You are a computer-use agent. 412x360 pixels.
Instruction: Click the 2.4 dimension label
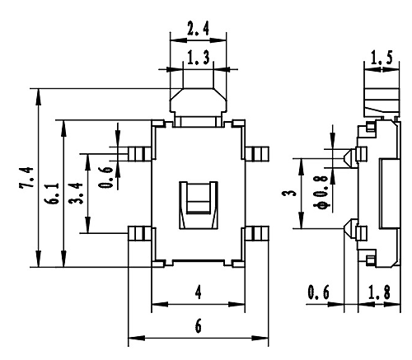point(198,29)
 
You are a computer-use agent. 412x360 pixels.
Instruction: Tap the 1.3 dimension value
point(198,58)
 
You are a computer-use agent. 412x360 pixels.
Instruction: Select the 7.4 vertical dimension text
point(26,178)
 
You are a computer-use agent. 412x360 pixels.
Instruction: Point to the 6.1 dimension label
point(52,193)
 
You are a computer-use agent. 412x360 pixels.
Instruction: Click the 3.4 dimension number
point(76,193)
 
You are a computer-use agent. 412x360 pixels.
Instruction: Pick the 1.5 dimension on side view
point(382,58)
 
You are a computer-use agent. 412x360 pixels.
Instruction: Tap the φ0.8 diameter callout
point(321,192)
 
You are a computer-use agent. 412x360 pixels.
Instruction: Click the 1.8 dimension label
point(379,292)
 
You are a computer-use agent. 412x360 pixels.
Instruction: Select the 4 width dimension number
point(198,292)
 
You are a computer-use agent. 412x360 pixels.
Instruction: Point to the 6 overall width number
point(198,326)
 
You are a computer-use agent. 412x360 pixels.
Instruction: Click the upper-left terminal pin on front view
point(140,154)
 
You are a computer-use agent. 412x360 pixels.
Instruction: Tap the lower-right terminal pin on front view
point(257,233)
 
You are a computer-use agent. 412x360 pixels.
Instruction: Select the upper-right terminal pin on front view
point(257,154)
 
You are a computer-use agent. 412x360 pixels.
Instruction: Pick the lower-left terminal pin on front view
point(140,233)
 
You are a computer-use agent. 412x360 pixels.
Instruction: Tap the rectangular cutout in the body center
point(199,205)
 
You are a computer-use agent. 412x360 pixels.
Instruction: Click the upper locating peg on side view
point(351,158)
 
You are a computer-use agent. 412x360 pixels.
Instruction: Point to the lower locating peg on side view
point(351,228)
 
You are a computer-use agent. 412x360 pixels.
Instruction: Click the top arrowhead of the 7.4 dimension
point(39,96)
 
